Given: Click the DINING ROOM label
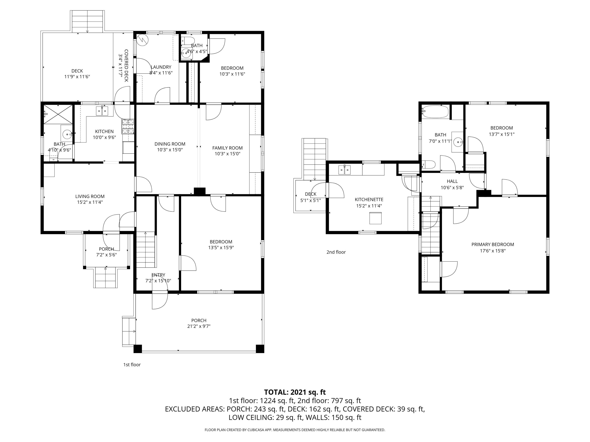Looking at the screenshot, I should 170,144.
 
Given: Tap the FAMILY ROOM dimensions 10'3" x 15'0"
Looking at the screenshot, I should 227,154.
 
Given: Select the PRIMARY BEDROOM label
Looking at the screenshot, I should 492,244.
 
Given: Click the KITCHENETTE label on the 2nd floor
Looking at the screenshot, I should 369,200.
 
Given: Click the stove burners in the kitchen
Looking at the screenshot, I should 128,127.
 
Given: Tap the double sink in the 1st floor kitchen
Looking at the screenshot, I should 102,111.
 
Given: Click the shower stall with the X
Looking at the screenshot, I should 58,114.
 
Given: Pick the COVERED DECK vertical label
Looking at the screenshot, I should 126,65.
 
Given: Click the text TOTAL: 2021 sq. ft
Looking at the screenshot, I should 295,392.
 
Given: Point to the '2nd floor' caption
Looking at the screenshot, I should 336,252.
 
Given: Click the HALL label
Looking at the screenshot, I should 452,181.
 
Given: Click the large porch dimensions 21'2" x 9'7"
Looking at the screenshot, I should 199,326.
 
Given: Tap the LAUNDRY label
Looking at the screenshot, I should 161,67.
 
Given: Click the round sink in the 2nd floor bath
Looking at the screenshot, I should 458,142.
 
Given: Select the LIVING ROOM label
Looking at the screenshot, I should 90,196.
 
